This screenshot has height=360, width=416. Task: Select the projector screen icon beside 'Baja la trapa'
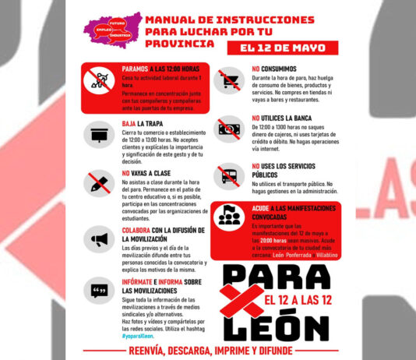(x=100, y=134)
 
